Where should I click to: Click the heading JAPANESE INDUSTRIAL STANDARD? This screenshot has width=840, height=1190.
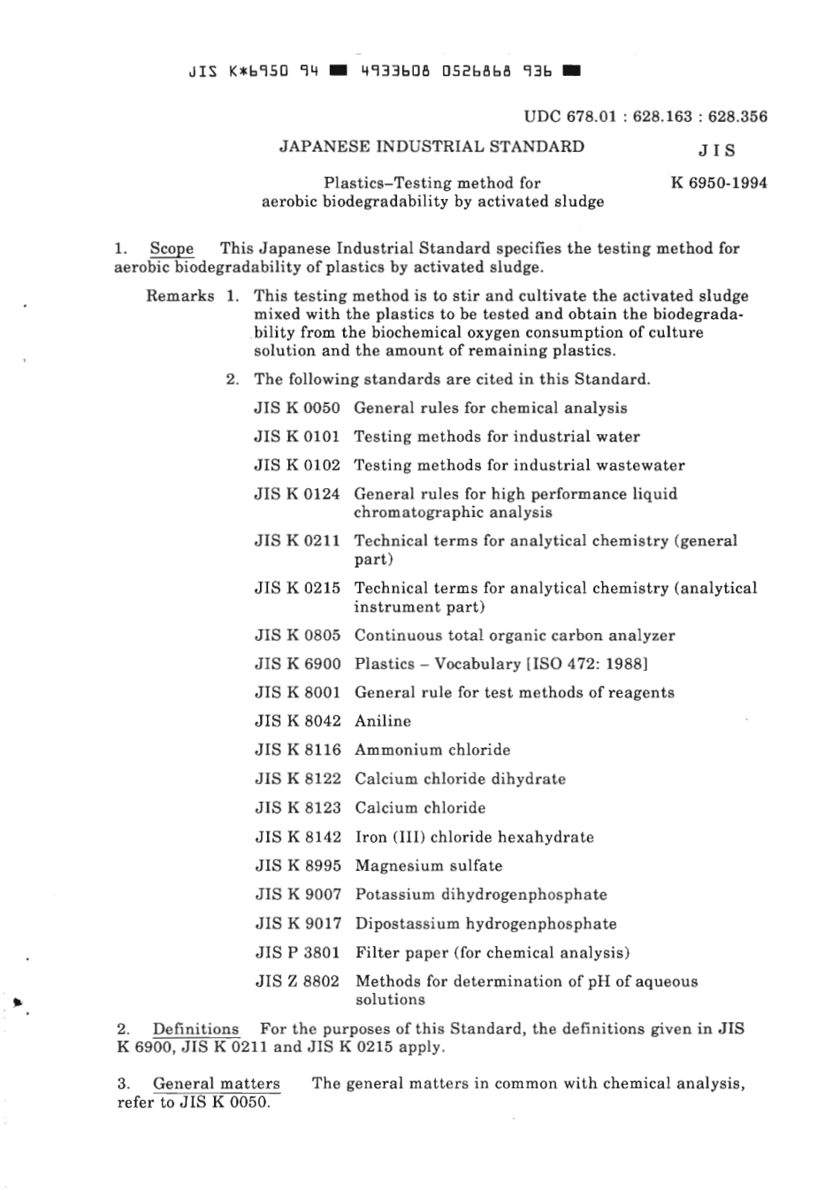431,147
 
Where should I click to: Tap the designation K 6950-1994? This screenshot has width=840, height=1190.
719,183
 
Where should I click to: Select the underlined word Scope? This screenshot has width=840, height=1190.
172,248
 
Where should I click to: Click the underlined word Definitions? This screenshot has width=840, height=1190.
195,1029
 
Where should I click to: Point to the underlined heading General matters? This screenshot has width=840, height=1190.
216,1084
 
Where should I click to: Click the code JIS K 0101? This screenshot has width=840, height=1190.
297,437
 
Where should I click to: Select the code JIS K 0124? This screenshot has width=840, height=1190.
297,494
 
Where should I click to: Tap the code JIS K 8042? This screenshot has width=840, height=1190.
298,721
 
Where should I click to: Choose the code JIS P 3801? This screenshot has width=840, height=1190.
298,953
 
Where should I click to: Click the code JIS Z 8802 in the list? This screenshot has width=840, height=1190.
298,981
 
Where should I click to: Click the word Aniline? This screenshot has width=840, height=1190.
383,721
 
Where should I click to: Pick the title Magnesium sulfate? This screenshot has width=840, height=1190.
429,866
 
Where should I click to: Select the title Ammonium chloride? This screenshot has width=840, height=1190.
432,750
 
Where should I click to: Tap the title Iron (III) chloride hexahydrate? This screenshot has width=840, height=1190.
474,837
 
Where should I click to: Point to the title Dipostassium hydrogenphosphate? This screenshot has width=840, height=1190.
485,924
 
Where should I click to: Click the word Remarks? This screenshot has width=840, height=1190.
180,296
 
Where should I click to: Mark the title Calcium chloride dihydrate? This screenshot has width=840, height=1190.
460,779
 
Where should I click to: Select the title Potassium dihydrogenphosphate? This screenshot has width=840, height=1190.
481,895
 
